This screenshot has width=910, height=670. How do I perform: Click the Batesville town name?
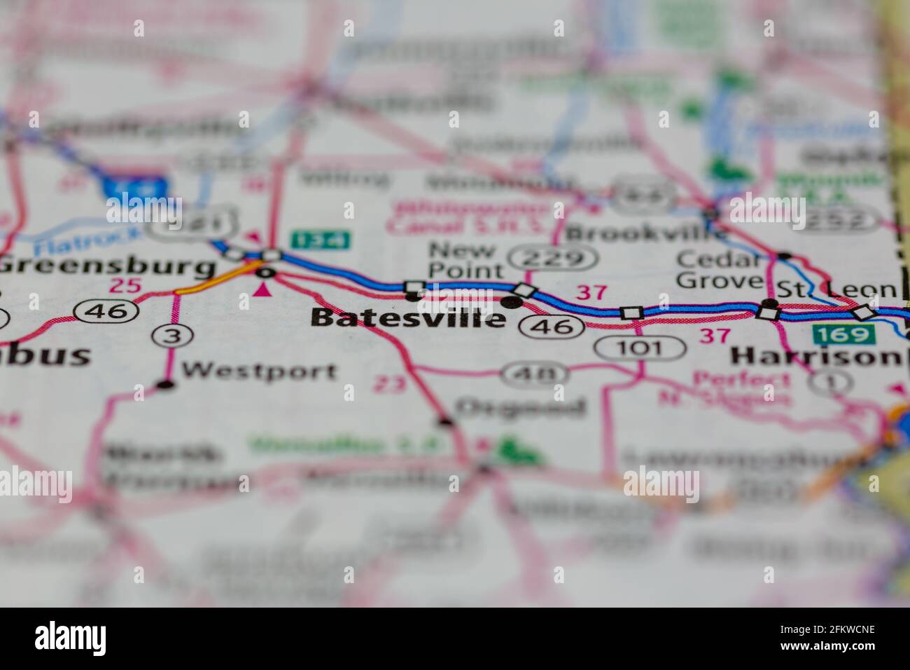408,317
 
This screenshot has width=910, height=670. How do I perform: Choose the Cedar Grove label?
719,270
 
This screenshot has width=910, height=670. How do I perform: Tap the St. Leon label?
836,288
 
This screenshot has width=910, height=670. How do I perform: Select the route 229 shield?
552,259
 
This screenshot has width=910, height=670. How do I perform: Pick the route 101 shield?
640,346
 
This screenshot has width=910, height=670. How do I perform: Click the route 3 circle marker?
171,336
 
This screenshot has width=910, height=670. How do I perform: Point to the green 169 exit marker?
843,334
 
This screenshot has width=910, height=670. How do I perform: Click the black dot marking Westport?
165,384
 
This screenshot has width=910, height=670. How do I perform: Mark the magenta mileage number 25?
125,285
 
